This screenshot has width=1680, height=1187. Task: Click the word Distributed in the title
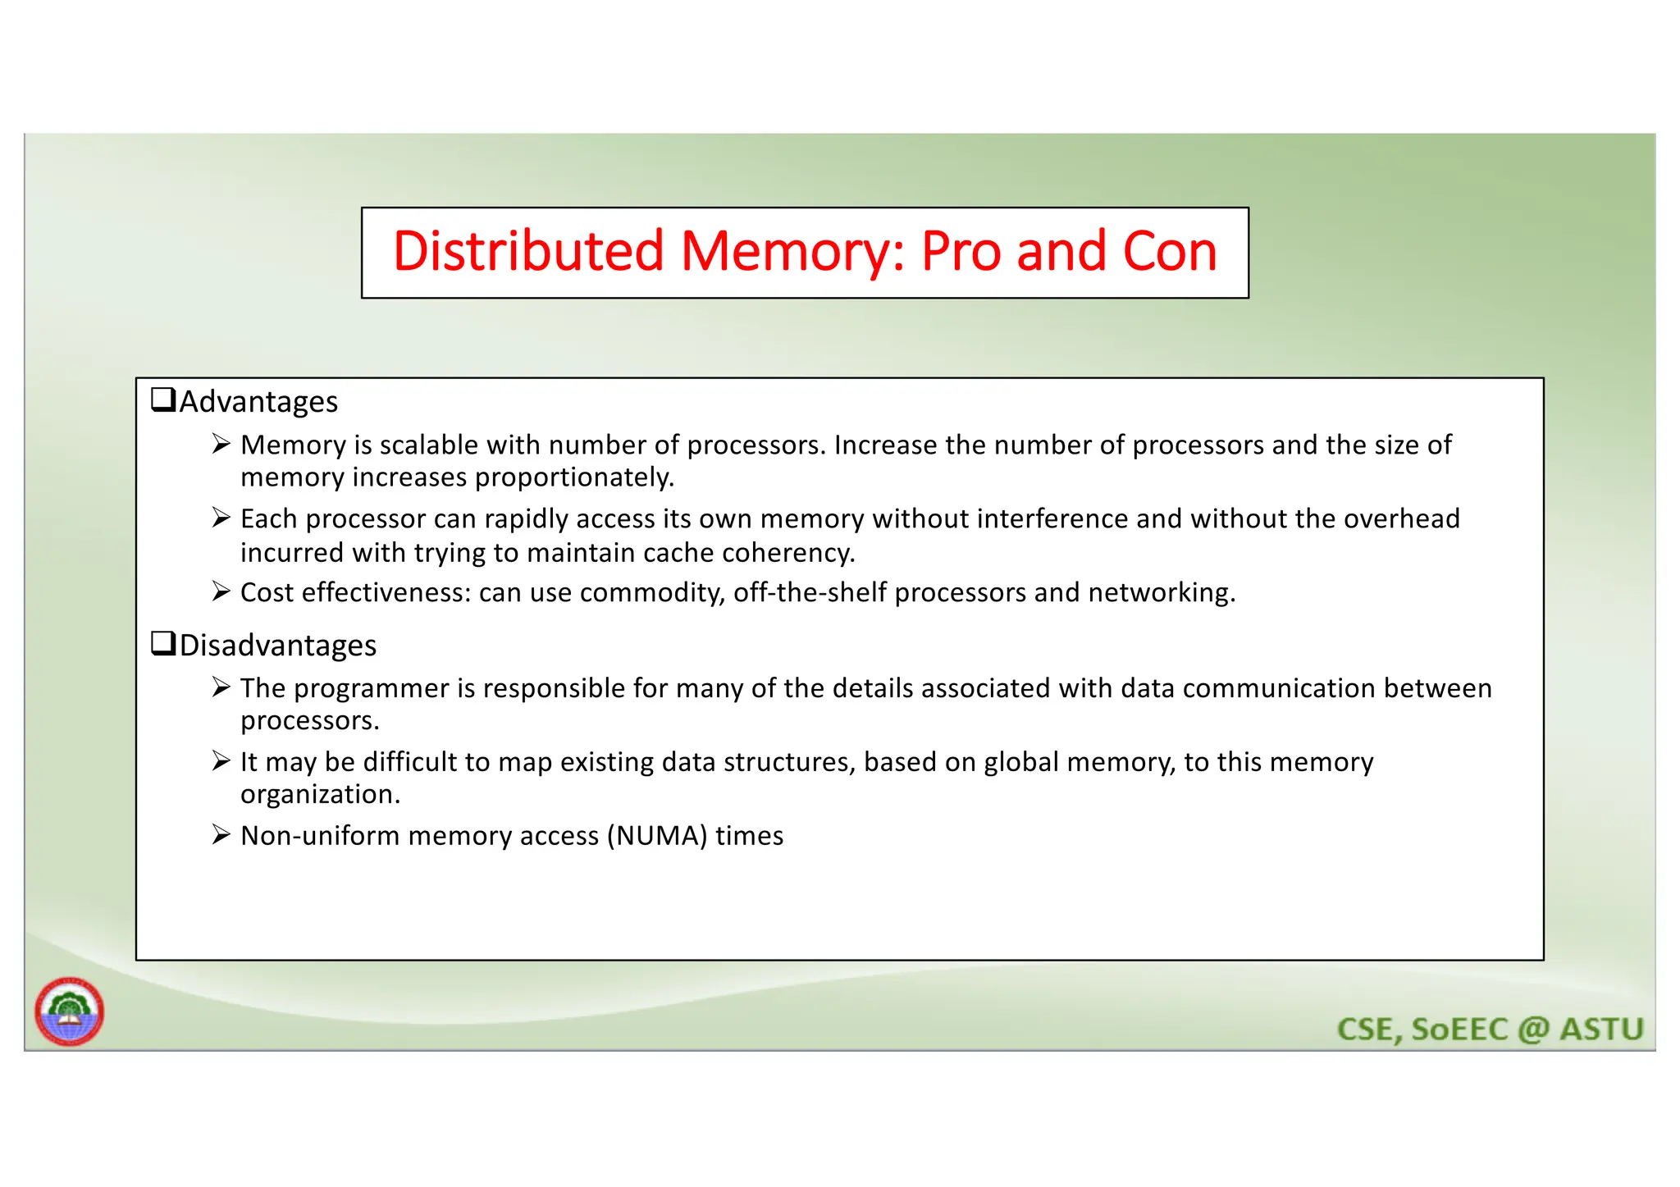coord(527,251)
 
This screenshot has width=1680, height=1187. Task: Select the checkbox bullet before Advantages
coord(163,400)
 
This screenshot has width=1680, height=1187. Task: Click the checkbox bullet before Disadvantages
coord(163,644)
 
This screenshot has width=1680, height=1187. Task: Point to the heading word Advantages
coord(258,402)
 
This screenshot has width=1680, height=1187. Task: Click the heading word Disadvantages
coord(278,646)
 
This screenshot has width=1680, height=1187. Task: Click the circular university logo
coord(70,1011)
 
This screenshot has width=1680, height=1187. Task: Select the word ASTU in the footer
coord(1601,1029)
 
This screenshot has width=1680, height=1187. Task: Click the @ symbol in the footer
coord(1533,1029)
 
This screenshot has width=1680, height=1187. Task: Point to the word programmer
coord(372,688)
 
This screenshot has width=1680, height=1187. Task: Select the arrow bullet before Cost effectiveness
coord(220,591)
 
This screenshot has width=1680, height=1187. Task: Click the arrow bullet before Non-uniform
coord(220,835)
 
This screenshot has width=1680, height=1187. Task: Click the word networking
coord(1162,592)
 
